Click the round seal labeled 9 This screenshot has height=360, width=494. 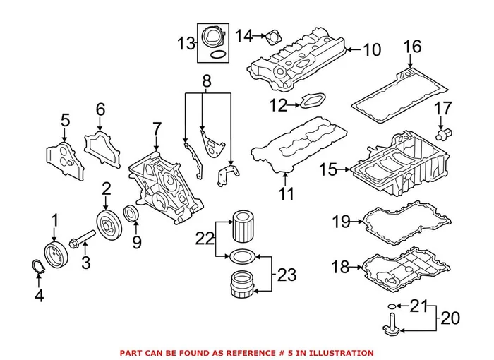click(x=132, y=213)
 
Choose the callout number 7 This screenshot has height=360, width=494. click(x=157, y=129)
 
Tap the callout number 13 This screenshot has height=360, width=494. click(x=186, y=44)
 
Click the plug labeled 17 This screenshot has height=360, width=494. click(x=445, y=132)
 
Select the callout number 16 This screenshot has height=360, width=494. click(x=412, y=47)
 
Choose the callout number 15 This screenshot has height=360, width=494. click(x=328, y=169)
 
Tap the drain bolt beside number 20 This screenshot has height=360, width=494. click(x=389, y=324)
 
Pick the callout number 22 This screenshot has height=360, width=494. click(x=205, y=239)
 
